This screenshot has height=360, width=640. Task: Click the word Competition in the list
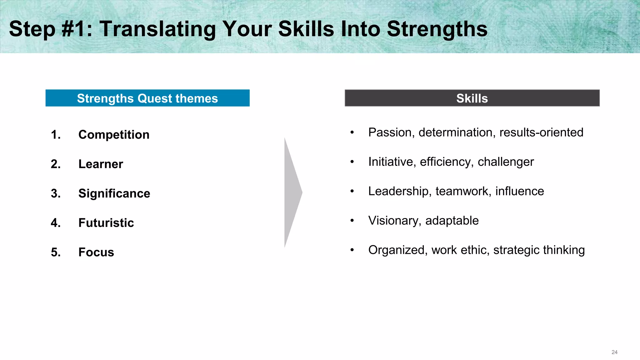[x=114, y=135]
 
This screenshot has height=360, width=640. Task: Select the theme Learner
[x=101, y=164]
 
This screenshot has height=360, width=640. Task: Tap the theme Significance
[x=114, y=193]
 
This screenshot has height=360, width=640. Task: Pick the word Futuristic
[x=106, y=223]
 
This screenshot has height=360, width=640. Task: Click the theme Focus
[x=96, y=252]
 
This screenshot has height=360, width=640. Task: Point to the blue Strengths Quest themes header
[x=147, y=98]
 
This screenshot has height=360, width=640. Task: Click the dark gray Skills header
[x=472, y=98]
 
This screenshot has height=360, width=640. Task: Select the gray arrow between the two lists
[x=292, y=192]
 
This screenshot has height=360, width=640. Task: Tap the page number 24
[x=614, y=352]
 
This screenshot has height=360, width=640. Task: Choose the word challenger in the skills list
[x=506, y=162]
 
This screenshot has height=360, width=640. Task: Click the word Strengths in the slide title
[x=437, y=29]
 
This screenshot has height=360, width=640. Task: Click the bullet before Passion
[x=352, y=132]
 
